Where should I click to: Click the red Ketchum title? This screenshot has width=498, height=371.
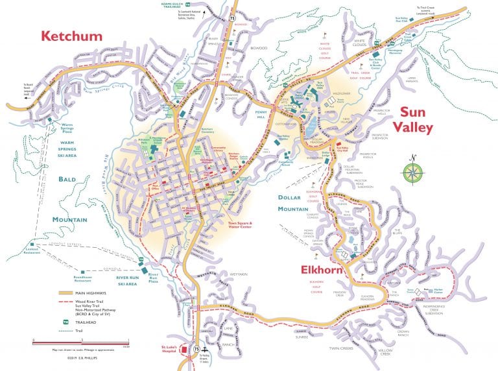coord(71,36)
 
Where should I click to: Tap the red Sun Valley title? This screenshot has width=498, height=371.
coord(416,120)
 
